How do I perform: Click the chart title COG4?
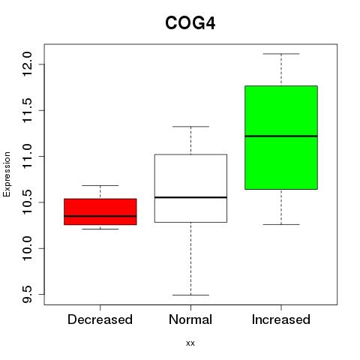[190, 23]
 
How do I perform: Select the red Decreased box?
[100, 211]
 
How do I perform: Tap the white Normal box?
[190, 188]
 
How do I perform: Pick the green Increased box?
[281, 137]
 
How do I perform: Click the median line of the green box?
[281, 136]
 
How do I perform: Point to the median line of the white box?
[190, 197]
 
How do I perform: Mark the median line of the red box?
[100, 216]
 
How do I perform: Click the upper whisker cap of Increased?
[281, 54]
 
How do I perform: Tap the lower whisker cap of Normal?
[190, 295]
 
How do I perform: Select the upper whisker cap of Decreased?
[100, 185]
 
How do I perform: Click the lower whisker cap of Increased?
[281, 224]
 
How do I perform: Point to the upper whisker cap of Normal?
[190, 127]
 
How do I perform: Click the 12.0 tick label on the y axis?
[27, 64]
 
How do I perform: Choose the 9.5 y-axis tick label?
[27, 295]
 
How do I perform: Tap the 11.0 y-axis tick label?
[27, 156]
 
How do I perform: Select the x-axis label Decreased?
[100, 319]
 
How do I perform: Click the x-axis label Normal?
[190, 319]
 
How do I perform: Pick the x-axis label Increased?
[281, 319]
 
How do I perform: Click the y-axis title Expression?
[7, 174]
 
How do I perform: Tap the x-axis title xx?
[190, 343]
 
